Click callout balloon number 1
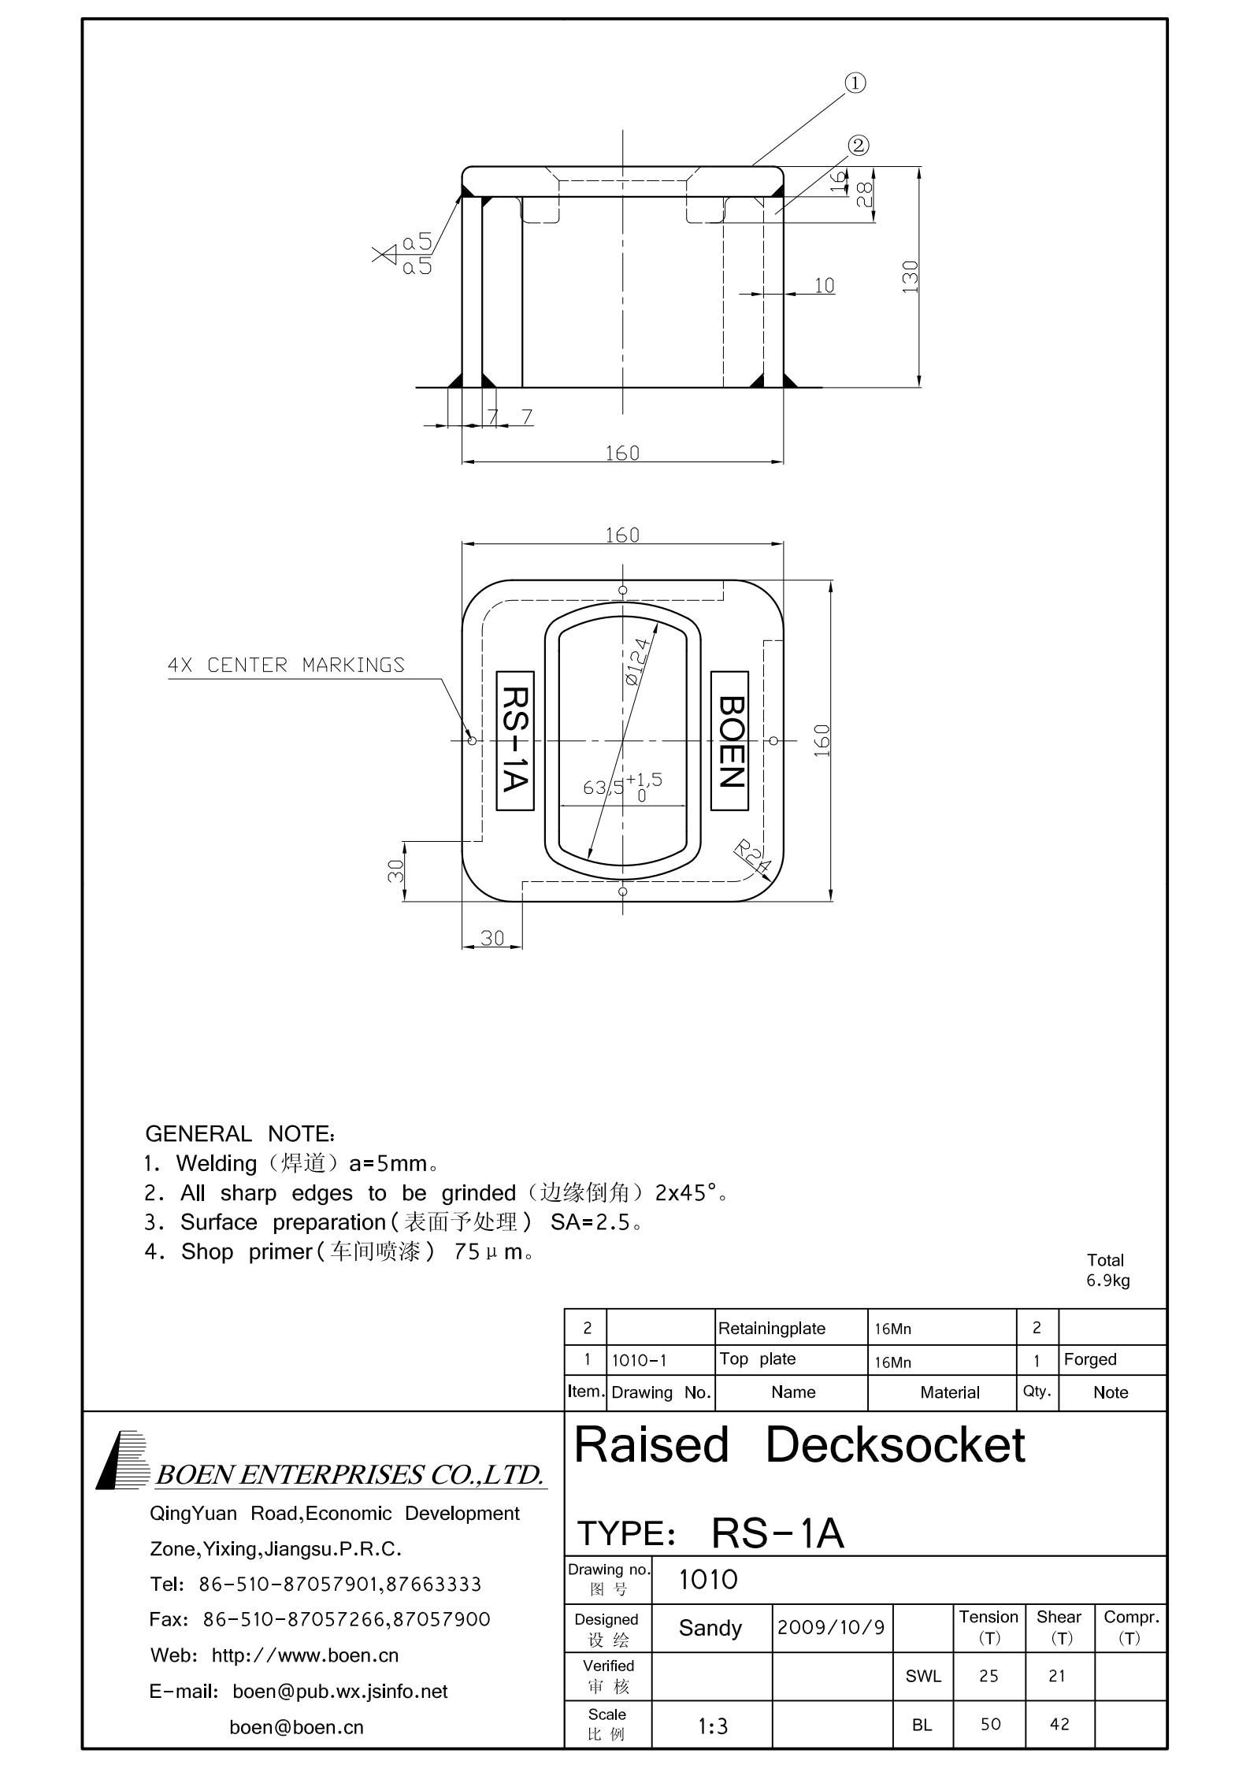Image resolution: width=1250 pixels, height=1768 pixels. pos(855,83)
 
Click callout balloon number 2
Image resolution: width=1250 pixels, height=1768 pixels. pos(859,145)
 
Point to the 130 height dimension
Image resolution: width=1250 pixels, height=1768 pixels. pos(911,276)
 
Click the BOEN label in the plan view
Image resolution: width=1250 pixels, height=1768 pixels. pos(730,741)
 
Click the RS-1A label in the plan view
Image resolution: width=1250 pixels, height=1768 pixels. pos(515,741)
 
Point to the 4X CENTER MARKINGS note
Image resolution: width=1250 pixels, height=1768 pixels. pos(286,665)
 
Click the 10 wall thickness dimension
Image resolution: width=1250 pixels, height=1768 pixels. pos(824,285)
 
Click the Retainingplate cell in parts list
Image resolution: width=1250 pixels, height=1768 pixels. pos(772,1329)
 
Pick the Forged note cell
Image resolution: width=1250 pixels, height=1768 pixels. pos(1090,1359)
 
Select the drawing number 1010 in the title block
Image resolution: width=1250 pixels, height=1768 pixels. pos(708,1579)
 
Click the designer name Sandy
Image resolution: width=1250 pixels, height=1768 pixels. pos(710,1628)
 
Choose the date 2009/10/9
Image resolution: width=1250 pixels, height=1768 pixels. pos(831,1627)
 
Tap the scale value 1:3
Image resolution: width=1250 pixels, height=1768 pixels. pos(713,1726)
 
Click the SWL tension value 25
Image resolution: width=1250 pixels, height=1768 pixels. pos(989,1676)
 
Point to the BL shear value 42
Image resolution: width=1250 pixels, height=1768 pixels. pos(1059,1724)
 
